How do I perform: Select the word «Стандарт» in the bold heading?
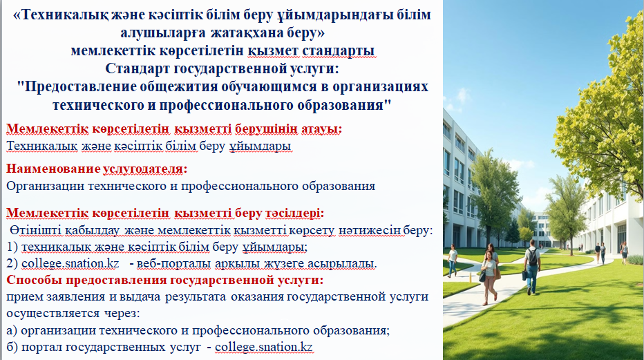138,68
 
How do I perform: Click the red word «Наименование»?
53,169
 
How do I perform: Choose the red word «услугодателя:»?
145,169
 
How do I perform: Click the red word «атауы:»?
321,129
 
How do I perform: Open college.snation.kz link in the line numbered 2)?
70,263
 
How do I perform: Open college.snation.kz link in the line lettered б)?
264,347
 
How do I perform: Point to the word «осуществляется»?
53,314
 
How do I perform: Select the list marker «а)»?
12,330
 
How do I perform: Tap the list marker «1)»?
12,247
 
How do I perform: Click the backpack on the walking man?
533,257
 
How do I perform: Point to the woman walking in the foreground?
489,278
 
